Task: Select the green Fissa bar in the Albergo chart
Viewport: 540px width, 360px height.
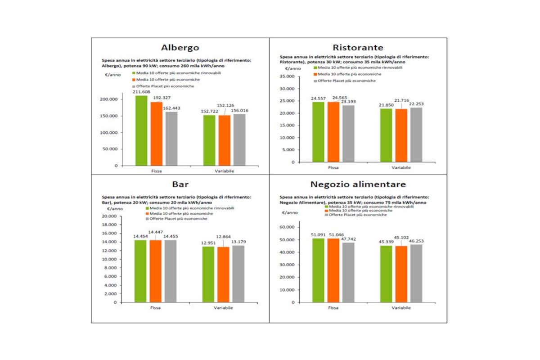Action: coord(141,130)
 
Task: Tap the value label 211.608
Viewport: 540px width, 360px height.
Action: coord(141,91)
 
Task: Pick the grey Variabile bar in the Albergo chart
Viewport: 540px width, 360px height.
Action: coord(239,139)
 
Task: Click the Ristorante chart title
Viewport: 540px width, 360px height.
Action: coord(358,48)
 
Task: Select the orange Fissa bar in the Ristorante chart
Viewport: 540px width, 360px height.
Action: coord(333,132)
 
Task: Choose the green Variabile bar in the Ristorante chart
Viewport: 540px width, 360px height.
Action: coord(386,135)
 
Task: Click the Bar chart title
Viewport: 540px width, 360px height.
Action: coord(180,184)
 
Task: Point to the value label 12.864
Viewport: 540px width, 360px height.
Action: coord(224,237)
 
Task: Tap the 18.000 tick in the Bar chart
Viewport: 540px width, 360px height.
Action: coord(108,225)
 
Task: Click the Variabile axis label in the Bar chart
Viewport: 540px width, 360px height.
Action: coord(224,308)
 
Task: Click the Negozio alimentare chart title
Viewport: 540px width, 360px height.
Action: coord(358,184)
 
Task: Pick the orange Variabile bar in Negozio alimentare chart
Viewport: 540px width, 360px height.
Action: coord(400,274)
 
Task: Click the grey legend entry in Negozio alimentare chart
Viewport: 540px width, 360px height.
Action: coord(357,215)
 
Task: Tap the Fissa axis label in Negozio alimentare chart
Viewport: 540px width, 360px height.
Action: coord(333,308)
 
